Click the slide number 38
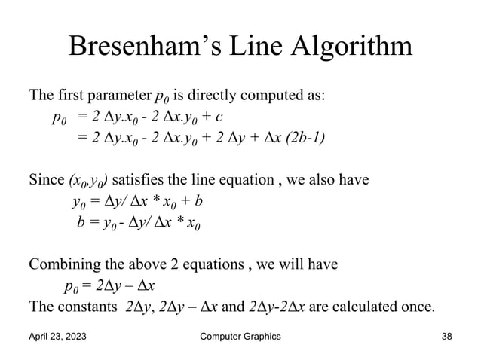pos(448,337)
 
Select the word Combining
pos(62,264)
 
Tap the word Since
pos(46,181)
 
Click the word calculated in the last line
pos(362,307)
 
